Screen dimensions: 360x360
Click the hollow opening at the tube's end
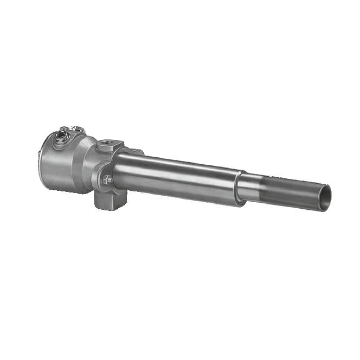324,197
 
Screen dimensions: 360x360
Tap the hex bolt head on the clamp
107,179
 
